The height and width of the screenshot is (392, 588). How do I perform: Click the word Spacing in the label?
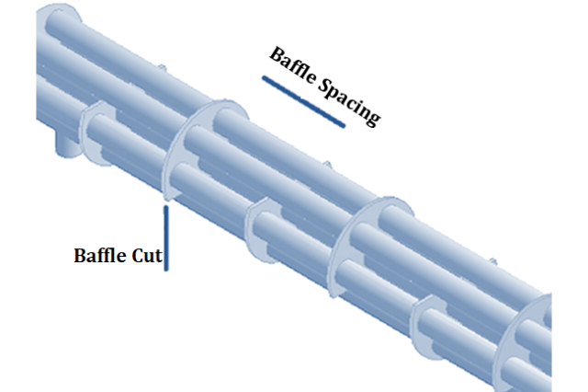[x=349, y=102]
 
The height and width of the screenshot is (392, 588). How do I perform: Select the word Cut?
[x=147, y=256]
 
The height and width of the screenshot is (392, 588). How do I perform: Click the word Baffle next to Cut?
[x=100, y=255]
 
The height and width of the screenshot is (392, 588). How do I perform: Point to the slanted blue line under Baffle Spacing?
[x=303, y=102]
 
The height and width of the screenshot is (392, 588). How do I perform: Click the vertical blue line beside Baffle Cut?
[x=166, y=237]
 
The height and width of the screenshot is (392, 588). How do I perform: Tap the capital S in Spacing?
[x=324, y=86]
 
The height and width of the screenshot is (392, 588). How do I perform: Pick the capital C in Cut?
[x=138, y=256]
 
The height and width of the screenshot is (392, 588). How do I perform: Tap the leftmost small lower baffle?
[x=87, y=132]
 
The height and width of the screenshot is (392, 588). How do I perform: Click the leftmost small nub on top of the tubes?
[x=162, y=68]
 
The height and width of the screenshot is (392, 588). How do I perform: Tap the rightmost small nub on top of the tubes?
[x=492, y=261]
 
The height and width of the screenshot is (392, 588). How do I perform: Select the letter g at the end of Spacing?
[x=373, y=116]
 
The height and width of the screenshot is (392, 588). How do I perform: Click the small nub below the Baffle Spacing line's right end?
[x=327, y=165]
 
